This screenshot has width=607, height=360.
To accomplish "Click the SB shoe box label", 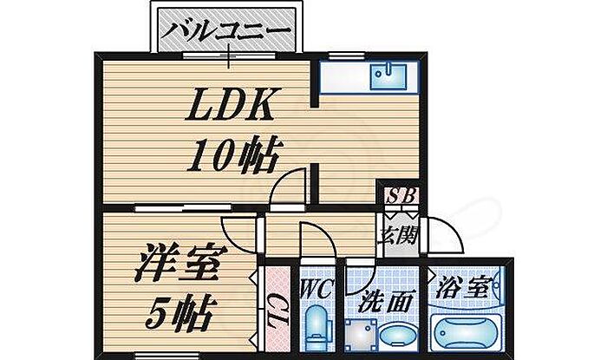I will pos(399,196).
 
